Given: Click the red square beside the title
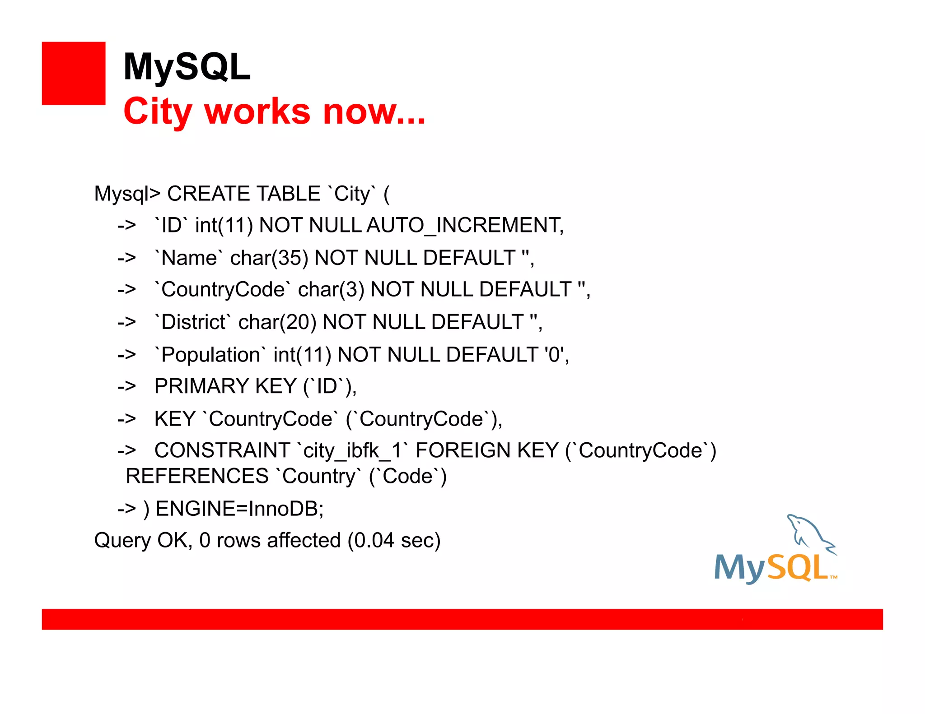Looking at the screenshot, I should coord(74,74).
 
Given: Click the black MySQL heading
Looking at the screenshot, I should coord(187,67).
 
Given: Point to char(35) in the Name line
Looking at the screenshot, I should coord(269,258).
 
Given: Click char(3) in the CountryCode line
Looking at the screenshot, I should coord(331,290).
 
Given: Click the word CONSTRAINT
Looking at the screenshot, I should coord(222,450).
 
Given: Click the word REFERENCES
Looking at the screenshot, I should coord(197,476).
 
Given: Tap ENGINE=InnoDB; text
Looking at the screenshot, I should coord(239,509).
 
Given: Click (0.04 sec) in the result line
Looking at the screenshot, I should coord(394,540).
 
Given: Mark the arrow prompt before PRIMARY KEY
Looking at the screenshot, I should coord(126,386).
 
